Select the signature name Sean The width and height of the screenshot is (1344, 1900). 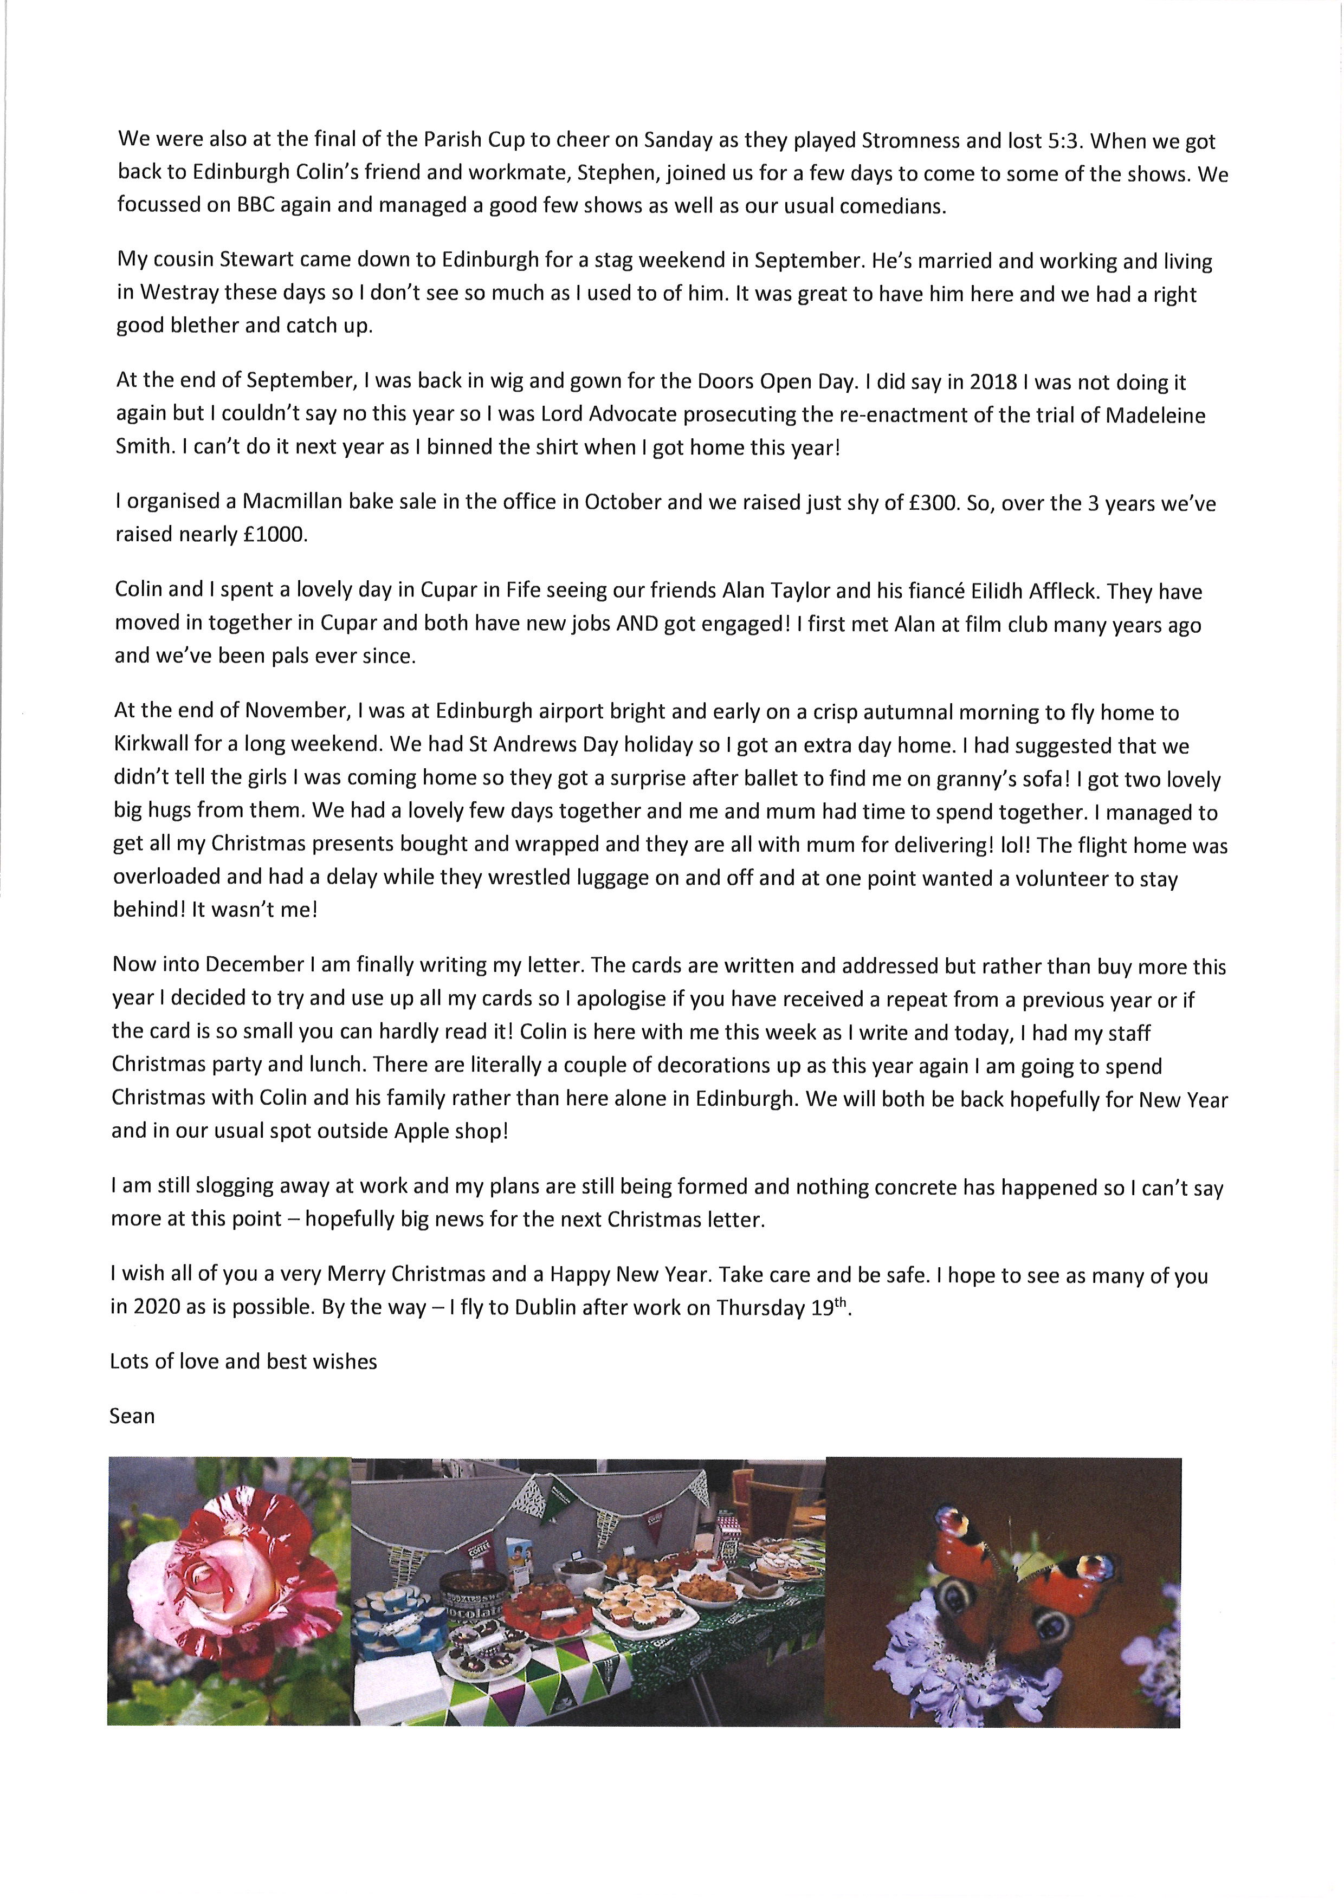[132, 1416]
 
